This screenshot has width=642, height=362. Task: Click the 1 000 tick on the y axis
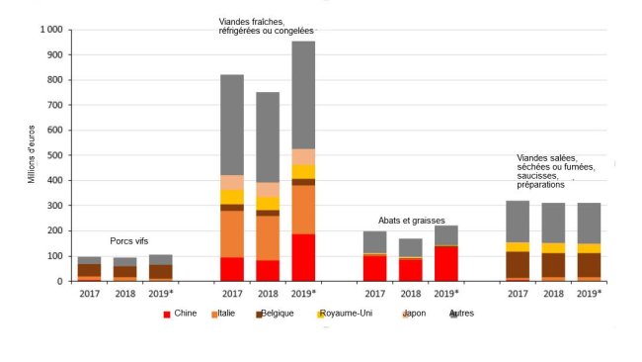click(x=49, y=30)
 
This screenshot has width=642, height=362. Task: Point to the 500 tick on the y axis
click(x=54, y=155)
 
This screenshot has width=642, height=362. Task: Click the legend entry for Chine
click(x=178, y=314)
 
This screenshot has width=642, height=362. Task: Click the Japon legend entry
click(x=415, y=314)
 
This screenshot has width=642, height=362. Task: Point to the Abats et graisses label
click(x=411, y=221)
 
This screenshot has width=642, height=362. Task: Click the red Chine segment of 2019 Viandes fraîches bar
click(x=302, y=257)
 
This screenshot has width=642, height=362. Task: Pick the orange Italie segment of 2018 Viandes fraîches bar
click(x=268, y=237)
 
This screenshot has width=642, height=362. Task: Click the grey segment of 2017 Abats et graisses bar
click(x=374, y=241)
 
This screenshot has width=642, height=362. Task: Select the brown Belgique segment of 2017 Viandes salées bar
click(x=518, y=264)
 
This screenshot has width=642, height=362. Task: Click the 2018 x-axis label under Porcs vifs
click(x=125, y=292)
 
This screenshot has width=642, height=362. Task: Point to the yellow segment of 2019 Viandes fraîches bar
click(x=302, y=171)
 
